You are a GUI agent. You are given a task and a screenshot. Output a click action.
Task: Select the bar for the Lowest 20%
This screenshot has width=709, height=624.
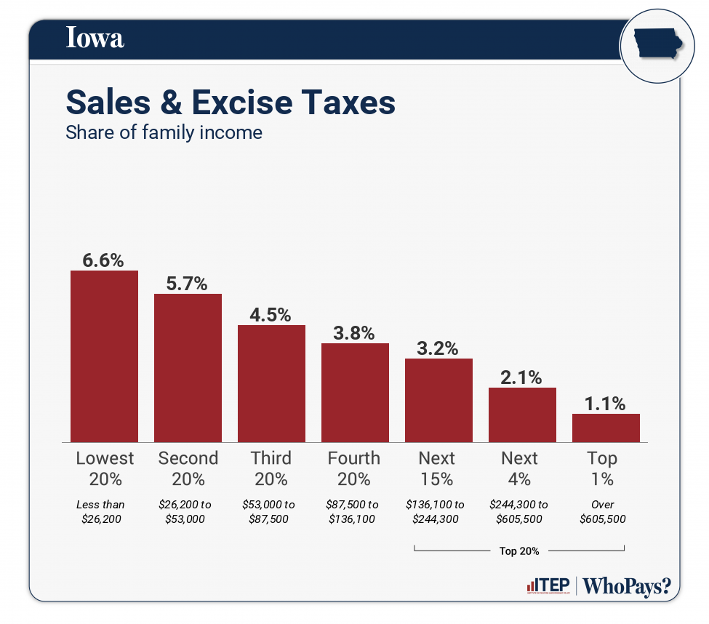click(x=104, y=356)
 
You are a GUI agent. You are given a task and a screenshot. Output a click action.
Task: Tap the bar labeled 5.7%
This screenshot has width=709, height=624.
click(x=188, y=368)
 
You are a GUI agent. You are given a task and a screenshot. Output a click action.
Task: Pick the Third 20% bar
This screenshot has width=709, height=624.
click(x=271, y=383)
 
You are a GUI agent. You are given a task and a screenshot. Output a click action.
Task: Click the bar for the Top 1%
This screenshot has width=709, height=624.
click(x=606, y=428)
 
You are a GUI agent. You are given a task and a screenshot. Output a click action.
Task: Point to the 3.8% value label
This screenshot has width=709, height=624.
click(x=354, y=333)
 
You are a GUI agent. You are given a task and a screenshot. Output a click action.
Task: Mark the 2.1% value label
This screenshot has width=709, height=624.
click(x=521, y=377)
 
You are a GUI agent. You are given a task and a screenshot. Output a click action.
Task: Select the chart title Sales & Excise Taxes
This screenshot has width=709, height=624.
click(x=231, y=103)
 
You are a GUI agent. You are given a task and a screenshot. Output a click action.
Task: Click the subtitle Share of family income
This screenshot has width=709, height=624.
click(x=164, y=133)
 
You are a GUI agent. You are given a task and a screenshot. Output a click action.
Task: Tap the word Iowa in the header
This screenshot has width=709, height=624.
click(x=95, y=38)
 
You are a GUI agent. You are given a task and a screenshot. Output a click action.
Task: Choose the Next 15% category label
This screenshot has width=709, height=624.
click(x=437, y=468)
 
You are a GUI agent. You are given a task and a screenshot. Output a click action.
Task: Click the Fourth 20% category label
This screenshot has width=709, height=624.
click(x=354, y=468)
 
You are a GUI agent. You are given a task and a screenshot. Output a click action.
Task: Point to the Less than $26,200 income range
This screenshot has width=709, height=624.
click(x=101, y=511)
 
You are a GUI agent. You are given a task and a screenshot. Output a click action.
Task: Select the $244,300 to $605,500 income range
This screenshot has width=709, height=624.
click(x=520, y=511)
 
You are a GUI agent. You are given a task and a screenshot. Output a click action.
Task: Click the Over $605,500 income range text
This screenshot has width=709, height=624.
click(x=603, y=511)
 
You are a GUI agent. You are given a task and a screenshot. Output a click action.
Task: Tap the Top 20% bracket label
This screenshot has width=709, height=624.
click(x=519, y=551)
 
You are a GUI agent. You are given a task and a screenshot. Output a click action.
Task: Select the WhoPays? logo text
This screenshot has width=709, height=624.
click(x=627, y=586)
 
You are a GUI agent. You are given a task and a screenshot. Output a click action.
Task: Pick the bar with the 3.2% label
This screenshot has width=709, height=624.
click(x=438, y=400)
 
